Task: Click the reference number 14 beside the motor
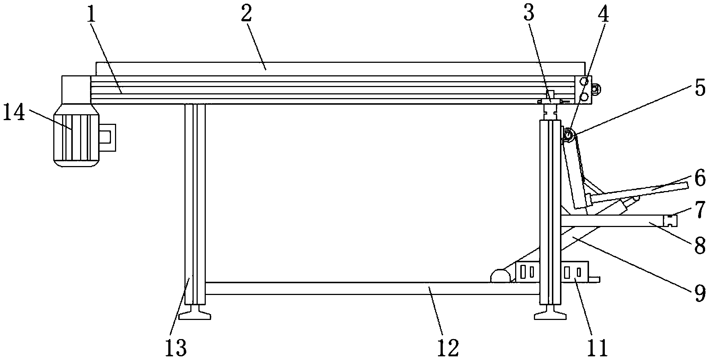(x=14, y=114)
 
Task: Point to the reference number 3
(x=528, y=15)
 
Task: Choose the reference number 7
(x=700, y=209)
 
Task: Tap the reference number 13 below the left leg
(x=176, y=347)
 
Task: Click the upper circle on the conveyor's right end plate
(x=584, y=81)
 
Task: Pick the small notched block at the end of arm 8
(x=671, y=220)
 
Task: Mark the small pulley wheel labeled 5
(x=568, y=136)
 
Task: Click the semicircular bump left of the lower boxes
(x=500, y=276)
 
